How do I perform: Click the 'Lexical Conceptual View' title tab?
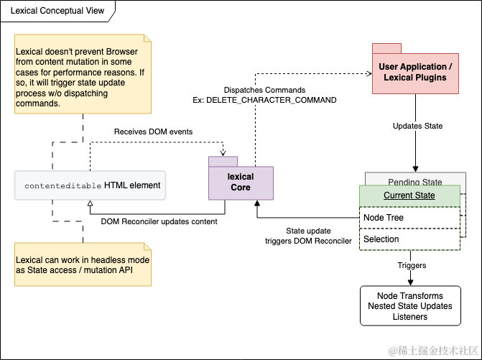[57, 11]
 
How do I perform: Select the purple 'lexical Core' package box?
[241, 183]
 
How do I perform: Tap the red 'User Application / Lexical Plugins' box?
[415, 73]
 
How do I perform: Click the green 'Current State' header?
[409, 195]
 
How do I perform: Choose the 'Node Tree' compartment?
[409, 218]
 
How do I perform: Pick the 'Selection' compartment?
[409, 239]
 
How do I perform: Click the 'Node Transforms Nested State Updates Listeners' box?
[410, 306]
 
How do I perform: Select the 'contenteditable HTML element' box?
[90, 185]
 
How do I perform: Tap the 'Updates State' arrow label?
[417, 126]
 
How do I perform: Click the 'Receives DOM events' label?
[154, 131]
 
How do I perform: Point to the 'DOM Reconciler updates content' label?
[159, 221]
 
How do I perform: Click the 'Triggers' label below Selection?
[412, 265]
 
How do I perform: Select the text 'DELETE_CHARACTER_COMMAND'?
[271, 100]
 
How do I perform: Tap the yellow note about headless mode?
[83, 264]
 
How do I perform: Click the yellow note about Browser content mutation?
[83, 74]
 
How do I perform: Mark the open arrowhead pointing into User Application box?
[369, 73]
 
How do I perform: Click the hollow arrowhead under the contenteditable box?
[90, 203]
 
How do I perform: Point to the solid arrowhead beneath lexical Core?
[257, 203]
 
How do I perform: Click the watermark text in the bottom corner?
[433, 351]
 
